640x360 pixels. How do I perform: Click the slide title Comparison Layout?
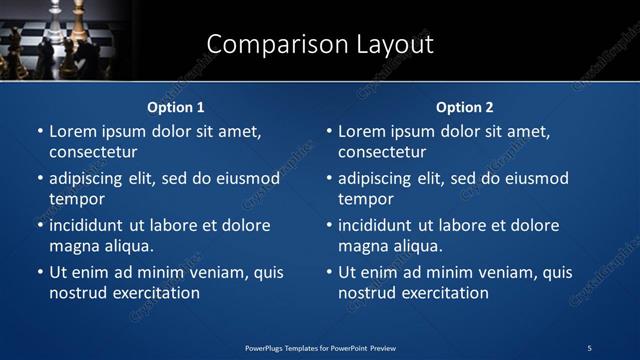pyautogui.click(x=319, y=45)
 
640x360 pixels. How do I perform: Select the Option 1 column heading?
pyautogui.click(x=176, y=107)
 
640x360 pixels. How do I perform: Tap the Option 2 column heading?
pyautogui.click(x=465, y=107)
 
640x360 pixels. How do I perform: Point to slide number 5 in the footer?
pyautogui.click(x=589, y=347)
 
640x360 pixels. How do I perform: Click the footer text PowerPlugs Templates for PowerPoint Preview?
pyautogui.click(x=320, y=347)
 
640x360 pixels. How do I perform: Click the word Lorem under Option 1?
pyautogui.click(x=73, y=131)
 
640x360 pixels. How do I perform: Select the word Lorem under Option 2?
pyautogui.click(x=362, y=131)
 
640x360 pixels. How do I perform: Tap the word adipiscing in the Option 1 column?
pyautogui.click(x=91, y=179)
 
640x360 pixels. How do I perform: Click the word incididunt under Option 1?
pyautogui.click(x=92, y=225)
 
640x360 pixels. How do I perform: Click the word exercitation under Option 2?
pyautogui.click(x=443, y=293)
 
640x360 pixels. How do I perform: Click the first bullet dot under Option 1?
pyautogui.click(x=39, y=131)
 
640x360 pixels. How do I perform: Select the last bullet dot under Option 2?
pyautogui.click(x=328, y=272)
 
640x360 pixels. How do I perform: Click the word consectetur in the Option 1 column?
pyautogui.click(x=93, y=152)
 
